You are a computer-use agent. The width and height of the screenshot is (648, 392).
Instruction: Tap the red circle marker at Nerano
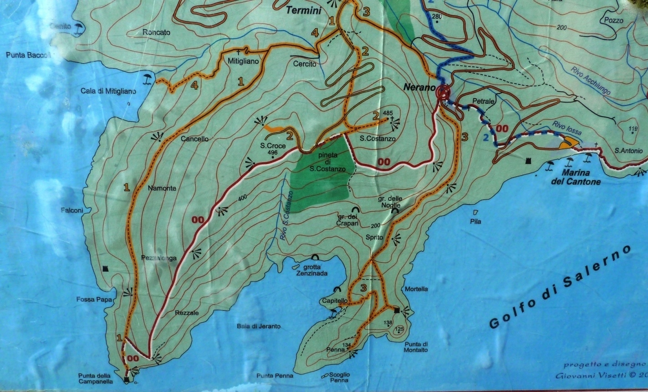[443, 92]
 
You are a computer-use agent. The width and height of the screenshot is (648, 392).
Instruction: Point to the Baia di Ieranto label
[259, 326]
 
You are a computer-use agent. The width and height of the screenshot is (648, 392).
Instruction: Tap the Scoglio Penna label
[339, 377]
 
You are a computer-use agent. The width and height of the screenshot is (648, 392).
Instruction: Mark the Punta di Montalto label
[415, 346]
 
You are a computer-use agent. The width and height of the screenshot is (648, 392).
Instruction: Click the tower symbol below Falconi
[107, 269]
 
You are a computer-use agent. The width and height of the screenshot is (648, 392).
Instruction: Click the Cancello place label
[194, 139]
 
